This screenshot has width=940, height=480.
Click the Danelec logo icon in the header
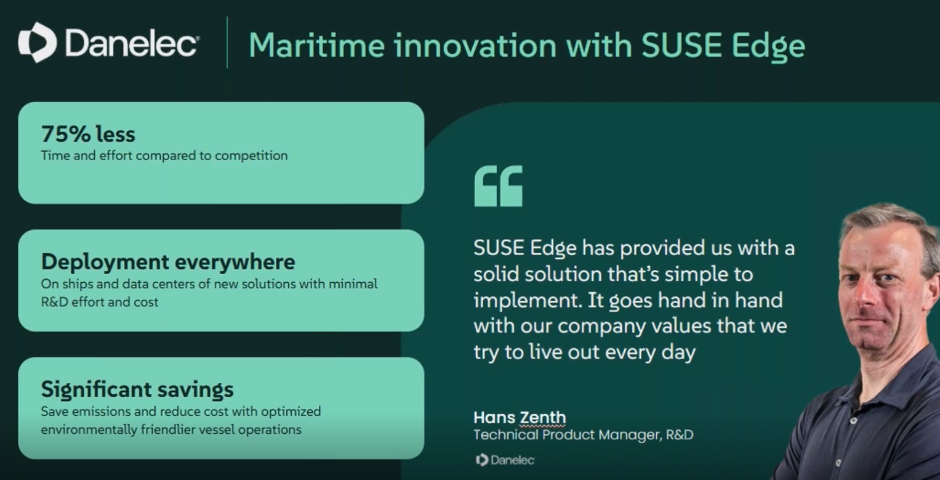(38, 43)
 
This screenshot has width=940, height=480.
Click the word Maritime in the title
(317, 45)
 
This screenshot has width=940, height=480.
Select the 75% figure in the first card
(66, 134)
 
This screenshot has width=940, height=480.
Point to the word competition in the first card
(251, 156)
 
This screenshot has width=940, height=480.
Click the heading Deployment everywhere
(168, 262)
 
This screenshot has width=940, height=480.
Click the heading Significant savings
(137, 389)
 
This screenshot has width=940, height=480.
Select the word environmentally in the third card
(89, 429)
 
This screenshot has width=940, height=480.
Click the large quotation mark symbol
(499, 185)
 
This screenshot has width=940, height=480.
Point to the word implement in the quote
(528, 301)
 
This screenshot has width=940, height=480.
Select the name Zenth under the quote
(542, 417)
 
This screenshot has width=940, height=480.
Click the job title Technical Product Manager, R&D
(584, 434)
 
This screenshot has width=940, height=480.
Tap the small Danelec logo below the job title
(505, 460)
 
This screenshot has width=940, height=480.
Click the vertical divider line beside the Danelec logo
(227, 43)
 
